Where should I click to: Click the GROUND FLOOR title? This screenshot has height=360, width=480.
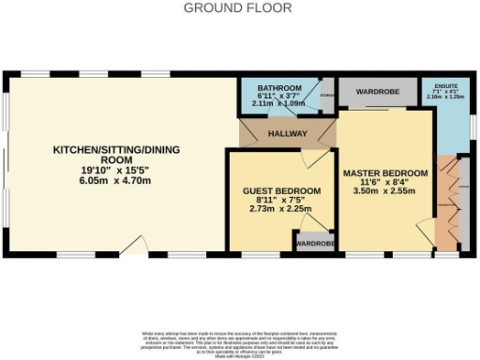pyautogui.click(x=237, y=7)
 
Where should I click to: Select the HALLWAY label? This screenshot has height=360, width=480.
pyautogui.click(x=287, y=134)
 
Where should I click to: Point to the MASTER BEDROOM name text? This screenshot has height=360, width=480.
pyautogui.click(x=385, y=173)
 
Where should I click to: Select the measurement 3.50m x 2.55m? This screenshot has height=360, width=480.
pyautogui.click(x=385, y=191)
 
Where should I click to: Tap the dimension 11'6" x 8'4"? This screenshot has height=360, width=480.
pyautogui.click(x=385, y=183)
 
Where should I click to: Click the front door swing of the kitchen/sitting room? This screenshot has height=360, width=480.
pyautogui.click(x=137, y=246)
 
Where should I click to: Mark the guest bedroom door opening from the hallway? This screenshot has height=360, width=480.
pyautogui.click(x=319, y=157)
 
